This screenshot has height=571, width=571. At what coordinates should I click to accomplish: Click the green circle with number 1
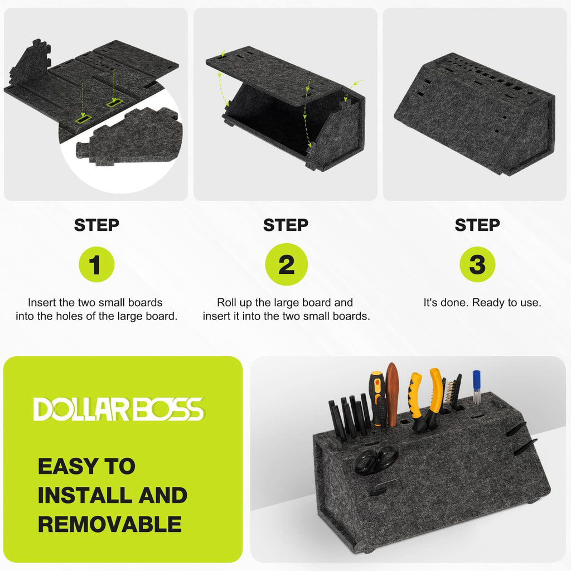(x=96, y=264)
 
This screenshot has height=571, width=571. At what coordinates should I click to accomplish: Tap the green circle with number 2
(x=286, y=264)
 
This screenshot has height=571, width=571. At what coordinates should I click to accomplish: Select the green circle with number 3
(x=477, y=264)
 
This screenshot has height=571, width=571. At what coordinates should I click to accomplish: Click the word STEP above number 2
(x=286, y=225)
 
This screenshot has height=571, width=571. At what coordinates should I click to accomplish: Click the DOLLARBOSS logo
(x=119, y=409)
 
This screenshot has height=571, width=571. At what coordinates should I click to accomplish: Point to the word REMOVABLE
(x=110, y=524)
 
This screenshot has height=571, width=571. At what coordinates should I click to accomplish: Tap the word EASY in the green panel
(x=68, y=466)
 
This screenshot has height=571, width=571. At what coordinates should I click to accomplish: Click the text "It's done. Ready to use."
(x=482, y=303)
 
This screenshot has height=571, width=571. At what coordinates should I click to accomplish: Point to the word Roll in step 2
(x=225, y=303)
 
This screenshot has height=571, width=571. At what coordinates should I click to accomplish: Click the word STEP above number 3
(x=477, y=225)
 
